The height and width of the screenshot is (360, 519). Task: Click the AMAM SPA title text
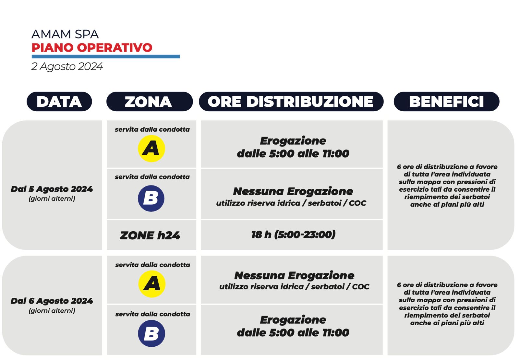click(x=65, y=34)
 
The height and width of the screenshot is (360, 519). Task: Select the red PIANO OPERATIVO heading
click(x=92, y=48)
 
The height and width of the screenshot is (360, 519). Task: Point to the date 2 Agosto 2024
click(x=67, y=66)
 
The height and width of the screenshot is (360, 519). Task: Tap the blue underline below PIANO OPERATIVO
click(x=105, y=57)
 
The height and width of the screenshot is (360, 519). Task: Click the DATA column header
click(x=59, y=102)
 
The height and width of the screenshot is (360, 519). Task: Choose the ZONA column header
click(x=149, y=102)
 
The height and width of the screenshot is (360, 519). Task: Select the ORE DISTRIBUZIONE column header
click(x=291, y=102)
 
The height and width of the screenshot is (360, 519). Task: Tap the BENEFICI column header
click(x=446, y=102)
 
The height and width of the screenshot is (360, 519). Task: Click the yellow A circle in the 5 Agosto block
click(x=151, y=149)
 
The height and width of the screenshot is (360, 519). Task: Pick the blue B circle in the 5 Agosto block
click(x=151, y=198)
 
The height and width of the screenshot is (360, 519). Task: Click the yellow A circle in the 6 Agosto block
click(x=151, y=284)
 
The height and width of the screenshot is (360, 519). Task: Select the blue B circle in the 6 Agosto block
click(x=151, y=333)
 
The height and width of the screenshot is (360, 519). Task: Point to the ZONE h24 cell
click(x=150, y=235)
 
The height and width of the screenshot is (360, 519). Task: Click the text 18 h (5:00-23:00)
click(x=293, y=234)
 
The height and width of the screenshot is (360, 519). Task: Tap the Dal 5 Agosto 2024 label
click(x=52, y=189)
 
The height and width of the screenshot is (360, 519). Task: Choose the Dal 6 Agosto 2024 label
click(x=52, y=301)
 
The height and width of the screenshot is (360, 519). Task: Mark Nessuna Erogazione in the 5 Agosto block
click(x=293, y=191)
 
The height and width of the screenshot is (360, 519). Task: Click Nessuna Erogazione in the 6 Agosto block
click(x=294, y=275)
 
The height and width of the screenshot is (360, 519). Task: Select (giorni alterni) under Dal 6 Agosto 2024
click(x=52, y=311)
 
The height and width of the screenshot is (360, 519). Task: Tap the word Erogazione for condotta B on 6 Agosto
click(x=293, y=320)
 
